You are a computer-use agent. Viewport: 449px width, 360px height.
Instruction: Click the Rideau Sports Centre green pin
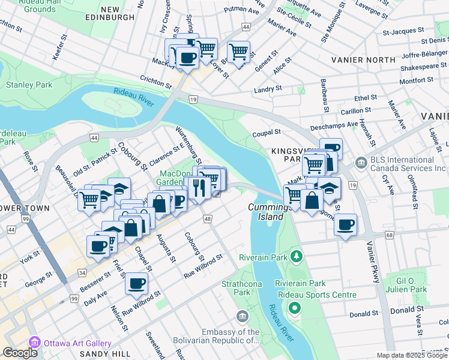click(x=295, y=308)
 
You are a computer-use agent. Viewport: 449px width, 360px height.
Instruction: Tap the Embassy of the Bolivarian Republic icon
click(x=242, y=316)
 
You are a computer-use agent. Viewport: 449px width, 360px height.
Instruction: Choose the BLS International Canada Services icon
click(x=361, y=162)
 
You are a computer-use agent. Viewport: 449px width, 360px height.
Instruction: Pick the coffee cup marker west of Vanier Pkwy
click(x=345, y=225)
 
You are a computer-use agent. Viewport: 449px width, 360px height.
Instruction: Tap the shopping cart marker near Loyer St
click(x=239, y=52)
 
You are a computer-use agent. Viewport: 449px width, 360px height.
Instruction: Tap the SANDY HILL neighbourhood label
click(x=102, y=354)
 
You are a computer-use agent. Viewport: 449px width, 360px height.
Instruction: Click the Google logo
click(x=20, y=353)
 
